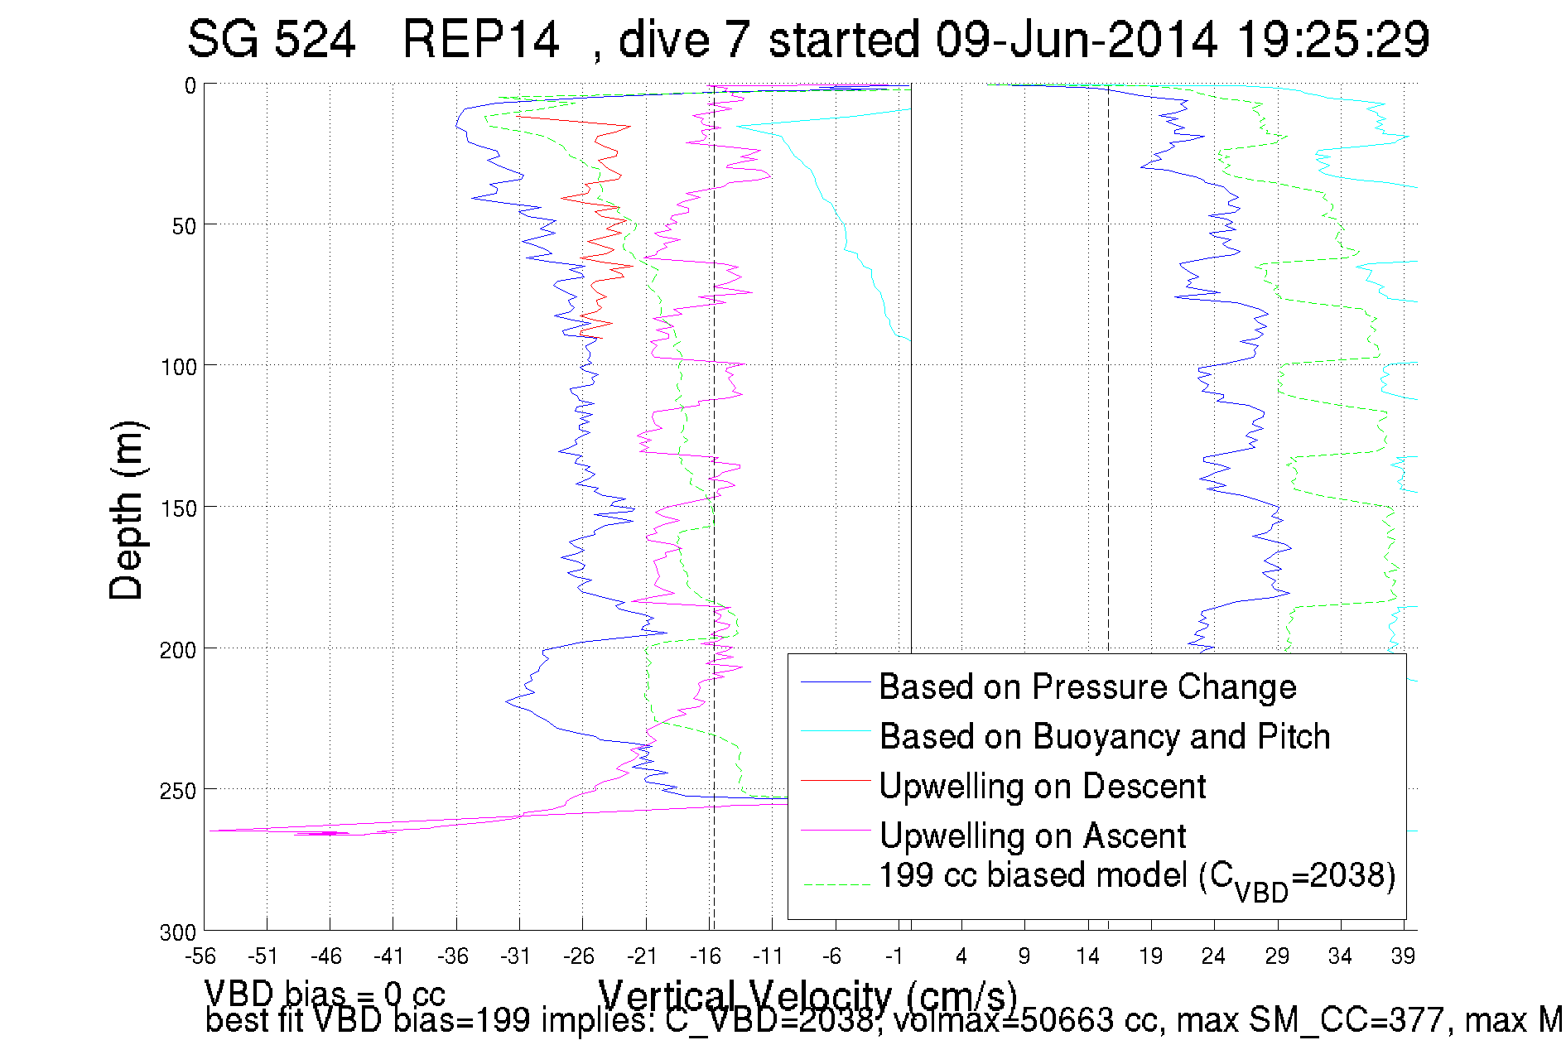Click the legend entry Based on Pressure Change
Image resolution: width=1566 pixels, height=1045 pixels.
coord(1087,687)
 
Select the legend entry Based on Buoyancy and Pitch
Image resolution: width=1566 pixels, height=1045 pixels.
coord(1104,737)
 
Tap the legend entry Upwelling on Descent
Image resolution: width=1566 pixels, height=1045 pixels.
coord(1042,787)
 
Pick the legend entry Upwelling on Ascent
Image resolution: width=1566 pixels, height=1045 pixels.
coord(1032,836)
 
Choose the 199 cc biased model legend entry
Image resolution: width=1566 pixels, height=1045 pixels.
coord(1136,878)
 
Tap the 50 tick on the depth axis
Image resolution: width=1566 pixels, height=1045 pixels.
coord(184,226)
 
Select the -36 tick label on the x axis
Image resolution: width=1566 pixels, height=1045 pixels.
coord(452,956)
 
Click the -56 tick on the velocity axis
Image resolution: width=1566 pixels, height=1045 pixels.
coord(200,956)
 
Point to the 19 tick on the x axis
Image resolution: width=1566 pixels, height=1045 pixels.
coord(1150,956)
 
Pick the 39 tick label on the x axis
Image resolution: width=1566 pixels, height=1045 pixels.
coord(1403,956)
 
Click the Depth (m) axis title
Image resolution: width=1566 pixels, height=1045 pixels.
coord(127,510)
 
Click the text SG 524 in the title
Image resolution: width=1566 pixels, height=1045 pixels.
coord(271,40)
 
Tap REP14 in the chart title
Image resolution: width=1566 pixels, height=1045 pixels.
coord(480,40)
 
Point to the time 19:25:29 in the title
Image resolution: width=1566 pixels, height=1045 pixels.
coord(1332,40)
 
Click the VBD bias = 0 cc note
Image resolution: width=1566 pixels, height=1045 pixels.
coord(325,993)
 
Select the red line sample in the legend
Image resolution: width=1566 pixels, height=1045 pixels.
coord(835,780)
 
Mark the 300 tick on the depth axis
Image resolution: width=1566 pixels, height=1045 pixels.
coord(178,932)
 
